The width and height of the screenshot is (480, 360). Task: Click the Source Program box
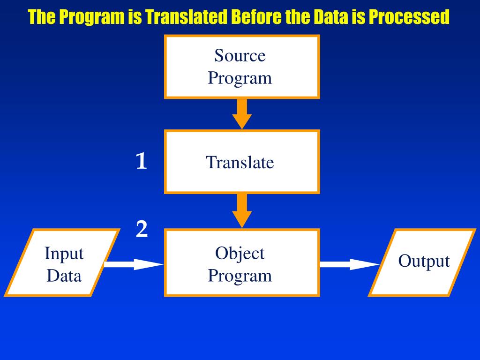tap(242, 67)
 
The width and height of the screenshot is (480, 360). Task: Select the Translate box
tap(242, 162)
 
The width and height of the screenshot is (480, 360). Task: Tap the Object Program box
tap(242, 262)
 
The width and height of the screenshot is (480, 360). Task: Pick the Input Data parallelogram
tap(62, 262)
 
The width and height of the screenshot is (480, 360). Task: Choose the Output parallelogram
tap(422, 262)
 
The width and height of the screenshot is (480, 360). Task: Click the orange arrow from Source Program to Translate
tap(242, 114)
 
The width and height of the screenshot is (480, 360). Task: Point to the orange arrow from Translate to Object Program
tap(242, 211)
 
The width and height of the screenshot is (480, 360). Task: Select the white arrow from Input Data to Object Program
tap(134, 264)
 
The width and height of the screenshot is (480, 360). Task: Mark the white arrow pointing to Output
tap(350, 264)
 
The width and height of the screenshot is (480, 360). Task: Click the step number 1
tap(141, 161)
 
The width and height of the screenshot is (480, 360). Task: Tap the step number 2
tap(142, 229)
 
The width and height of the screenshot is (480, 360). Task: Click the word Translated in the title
tap(186, 17)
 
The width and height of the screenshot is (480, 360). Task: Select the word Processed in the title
tap(409, 17)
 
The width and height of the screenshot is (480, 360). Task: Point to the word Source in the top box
tap(240, 55)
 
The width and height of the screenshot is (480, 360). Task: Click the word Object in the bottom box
tap(240, 253)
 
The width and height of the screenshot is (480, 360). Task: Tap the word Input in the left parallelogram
tap(64, 254)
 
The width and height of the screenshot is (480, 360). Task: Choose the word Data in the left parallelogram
tap(64, 276)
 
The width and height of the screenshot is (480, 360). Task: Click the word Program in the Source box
tap(240, 78)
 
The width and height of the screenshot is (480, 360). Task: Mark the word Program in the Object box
tap(240, 276)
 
